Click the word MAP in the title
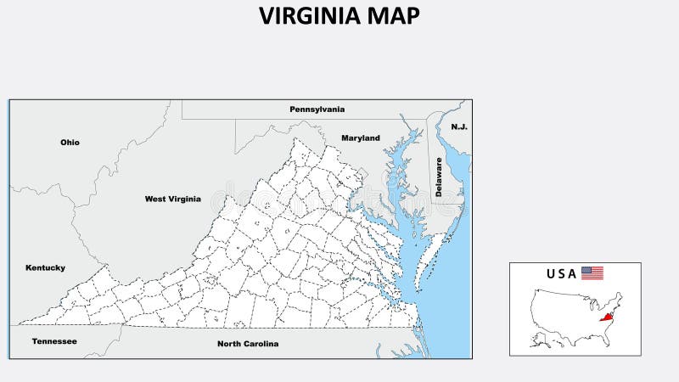click(x=396, y=16)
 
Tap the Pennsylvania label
click(x=317, y=110)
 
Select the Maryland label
click(x=361, y=138)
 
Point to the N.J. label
click(x=459, y=126)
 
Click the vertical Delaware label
click(x=439, y=177)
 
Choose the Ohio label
click(x=70, y=143)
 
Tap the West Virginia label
click(x=172, y=199)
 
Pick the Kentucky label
click(x=45, y=268)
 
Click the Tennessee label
click(x=54, y=341)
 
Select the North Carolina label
click(x=248, y=344)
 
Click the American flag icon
click(x=592, y=273)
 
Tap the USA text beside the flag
click(x=562, y=273)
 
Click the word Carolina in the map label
click(x=262, y=344)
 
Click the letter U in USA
click(x=551, y=273)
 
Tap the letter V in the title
click(x=266, y=16)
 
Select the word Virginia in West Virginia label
click(x=185, y=199)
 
